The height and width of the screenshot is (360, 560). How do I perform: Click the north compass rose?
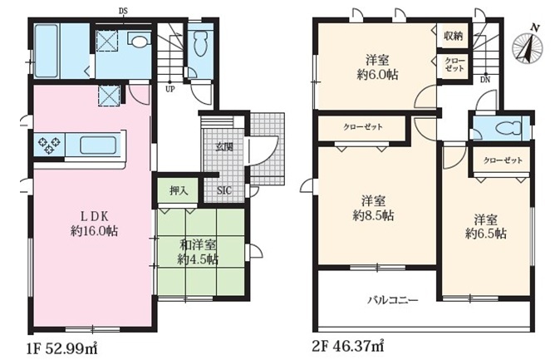pyautogui.click(x=528, y=46)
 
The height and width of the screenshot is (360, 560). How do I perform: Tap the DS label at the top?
pyautogui.click(x=123, y=12)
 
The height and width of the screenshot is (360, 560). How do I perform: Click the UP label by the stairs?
pyautogui.click(x=170, y=89)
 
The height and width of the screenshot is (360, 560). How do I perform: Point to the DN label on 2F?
pyautogui.click(x=485, y=80)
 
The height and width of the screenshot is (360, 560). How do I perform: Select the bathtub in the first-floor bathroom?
pyautogui.click(x=46, y=51)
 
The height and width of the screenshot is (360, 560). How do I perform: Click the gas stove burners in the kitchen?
pyautogui.click(x=49, y=145)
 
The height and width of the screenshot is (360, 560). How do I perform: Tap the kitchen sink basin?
pyautogui.click(x=98, y=145)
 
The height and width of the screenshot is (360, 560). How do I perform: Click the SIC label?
pyautogui.click(x=224, y=190)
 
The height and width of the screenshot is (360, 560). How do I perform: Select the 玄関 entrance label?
pyautogui.click(x=224, y=146)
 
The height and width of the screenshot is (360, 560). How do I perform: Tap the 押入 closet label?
pyautogui.click(x=179, y=191)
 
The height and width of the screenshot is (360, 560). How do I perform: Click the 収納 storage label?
pyautogui.click(x=454, y=36)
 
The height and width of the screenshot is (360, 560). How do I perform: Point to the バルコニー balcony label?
pyautogui.click(x=393, y=299)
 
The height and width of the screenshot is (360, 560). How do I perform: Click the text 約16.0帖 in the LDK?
pyautogui.click(x=94, y=231)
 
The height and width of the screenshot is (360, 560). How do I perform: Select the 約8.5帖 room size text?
pyautogui.click(x=374, y=216)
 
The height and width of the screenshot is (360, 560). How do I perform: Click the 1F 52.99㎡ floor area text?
pyautogui.click(x=61, y=347)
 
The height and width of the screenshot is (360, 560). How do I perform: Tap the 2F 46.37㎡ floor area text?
pyautogui.click(x=348, y=346)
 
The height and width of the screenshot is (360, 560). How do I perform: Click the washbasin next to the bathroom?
pyautogui.click(x=139, y=40)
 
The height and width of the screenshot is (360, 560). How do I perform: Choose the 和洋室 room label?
pyautogui.click(x=198, y=245)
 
